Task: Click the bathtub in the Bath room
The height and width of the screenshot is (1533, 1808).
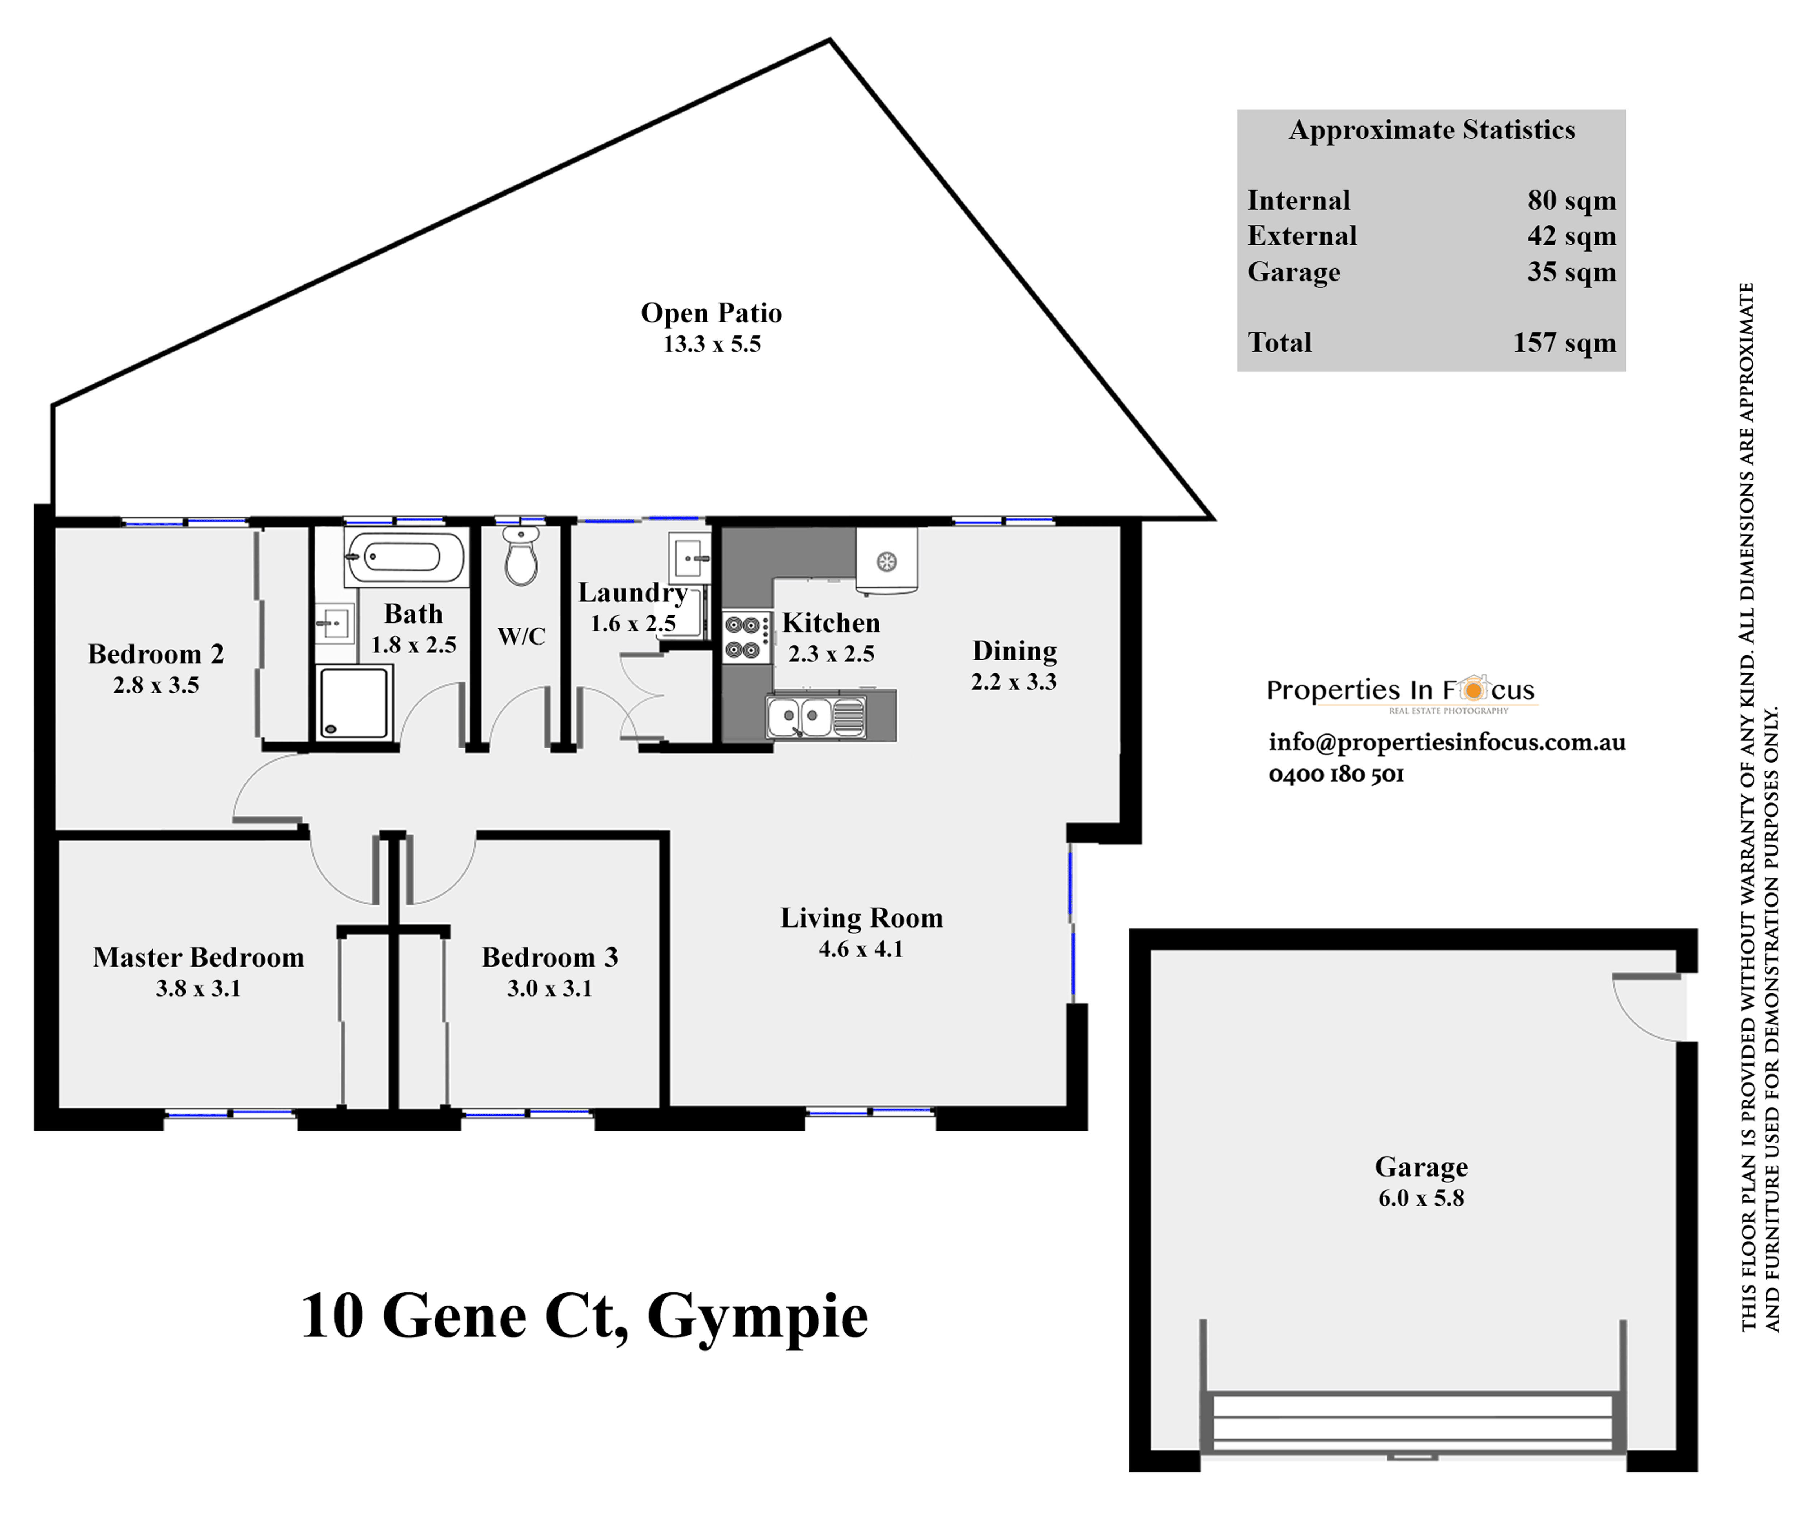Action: [405, 556]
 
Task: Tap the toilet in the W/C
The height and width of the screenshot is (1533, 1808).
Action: [521, 558]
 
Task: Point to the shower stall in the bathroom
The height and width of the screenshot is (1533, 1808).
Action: [353, 702]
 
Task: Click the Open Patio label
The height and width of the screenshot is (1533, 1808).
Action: [711, 313]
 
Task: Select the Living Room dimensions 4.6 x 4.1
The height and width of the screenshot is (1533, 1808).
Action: [861, 949]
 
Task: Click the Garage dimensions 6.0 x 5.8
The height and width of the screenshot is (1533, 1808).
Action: [1421, 1198]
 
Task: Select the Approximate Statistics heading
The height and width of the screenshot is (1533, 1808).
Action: [1432, 130]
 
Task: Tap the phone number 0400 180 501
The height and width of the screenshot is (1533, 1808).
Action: [1336, 774]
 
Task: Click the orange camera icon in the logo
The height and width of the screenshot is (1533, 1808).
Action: [1472, 689]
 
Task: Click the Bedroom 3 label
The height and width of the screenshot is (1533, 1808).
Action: [549, 957]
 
